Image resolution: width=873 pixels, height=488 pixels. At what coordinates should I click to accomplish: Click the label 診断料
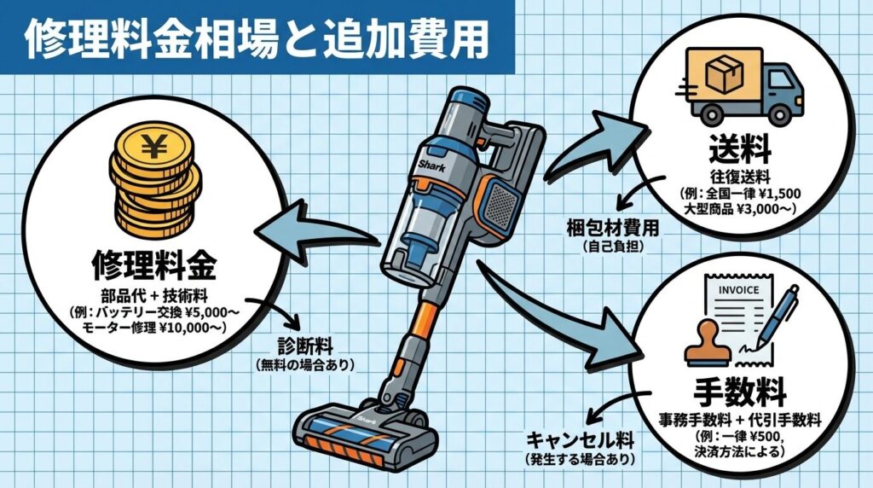304,348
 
